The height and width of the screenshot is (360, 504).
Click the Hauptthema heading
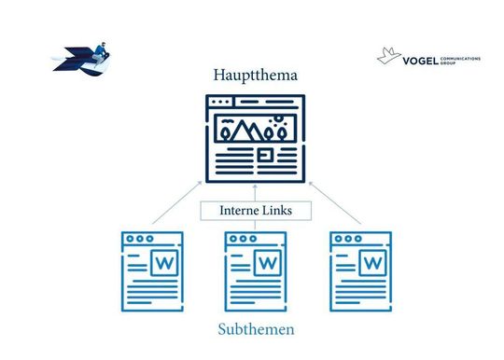[x=255, y=75]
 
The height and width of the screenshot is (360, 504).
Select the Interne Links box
[x=255, y=211]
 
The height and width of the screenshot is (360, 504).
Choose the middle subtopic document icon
[x=255, y=270]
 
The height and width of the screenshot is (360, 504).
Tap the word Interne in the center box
[x=237, y=211]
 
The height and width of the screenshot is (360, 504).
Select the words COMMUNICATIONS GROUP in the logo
[x=459, y=60]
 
